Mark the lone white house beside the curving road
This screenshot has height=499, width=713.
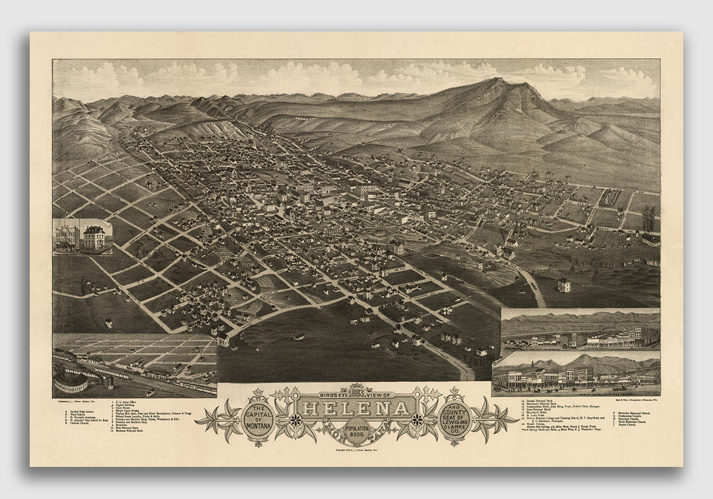point(563,285)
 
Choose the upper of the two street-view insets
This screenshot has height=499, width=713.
point(580,330)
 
